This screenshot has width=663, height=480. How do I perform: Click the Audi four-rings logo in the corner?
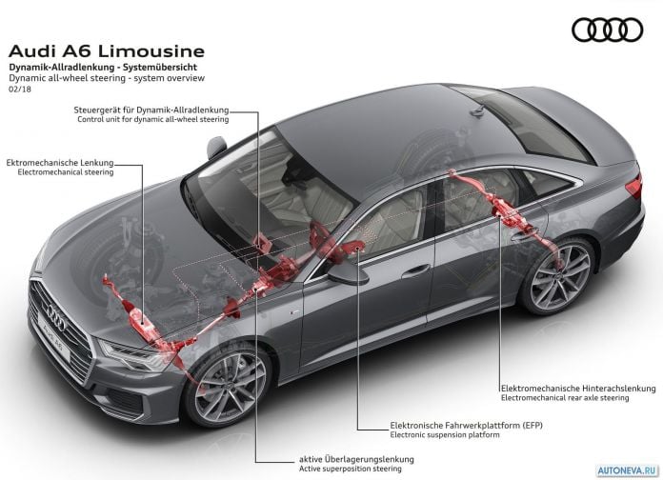[x=608, y=30]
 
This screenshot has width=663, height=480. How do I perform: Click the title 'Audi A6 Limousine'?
[x=107, y=51]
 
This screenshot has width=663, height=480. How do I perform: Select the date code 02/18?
[x=20, y=90]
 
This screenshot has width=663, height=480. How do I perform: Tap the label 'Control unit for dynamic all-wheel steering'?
[x=153, y=120]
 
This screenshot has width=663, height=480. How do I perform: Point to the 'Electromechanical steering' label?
[x=66, y=172]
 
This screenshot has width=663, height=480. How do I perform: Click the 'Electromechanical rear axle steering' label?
[x=565, y=398]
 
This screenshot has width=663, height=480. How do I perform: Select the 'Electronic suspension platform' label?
[x=445, y=434]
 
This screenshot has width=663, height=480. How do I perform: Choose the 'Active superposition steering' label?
[x=351, y=469]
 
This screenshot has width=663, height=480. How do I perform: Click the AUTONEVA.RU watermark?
[x=628, y=470]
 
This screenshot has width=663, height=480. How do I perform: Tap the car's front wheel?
[x=226, y=386]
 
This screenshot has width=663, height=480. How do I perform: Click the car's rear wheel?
[x=558, y=276]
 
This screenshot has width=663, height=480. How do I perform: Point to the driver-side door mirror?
[x=348, y=274]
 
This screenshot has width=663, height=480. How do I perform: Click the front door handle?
[x=415, y=271]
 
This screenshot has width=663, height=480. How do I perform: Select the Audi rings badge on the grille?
[x=56, y=316]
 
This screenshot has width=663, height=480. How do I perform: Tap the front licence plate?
[x=54, y=342]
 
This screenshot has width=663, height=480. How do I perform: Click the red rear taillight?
[x=634, y=185]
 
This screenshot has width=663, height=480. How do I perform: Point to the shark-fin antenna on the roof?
[x=478, y=110]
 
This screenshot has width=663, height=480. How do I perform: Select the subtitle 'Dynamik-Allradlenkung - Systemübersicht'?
[x=103, y=68]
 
